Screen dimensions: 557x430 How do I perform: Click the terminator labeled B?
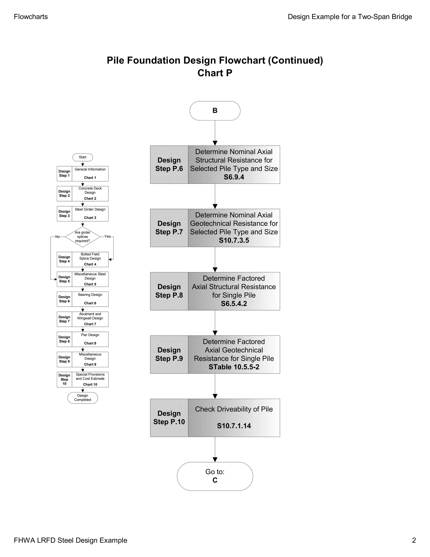click(215, 111)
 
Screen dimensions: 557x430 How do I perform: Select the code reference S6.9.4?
click(234, 177)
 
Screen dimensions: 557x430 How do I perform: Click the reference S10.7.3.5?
click(234, 240)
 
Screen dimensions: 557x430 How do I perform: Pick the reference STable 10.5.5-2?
click(234, 367)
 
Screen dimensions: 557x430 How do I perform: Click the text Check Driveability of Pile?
click(234, 409)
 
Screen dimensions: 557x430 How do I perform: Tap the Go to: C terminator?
click(215, 476)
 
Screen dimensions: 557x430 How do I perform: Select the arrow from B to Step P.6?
click(215, 133)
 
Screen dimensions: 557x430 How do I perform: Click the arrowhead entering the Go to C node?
click(215, 459)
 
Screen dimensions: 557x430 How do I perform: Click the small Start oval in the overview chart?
click(83, 157)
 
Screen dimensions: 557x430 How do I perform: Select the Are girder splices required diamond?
click(83, 237)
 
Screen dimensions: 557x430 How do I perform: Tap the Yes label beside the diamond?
click(107, 236)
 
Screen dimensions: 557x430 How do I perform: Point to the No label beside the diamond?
click(58, 237)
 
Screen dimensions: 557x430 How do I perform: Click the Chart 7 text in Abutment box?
click(90, 324)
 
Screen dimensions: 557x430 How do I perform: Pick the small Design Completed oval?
click(83, 398)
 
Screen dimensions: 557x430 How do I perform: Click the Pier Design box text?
click(90, 335)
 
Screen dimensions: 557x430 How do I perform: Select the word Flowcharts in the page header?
click(31, 17)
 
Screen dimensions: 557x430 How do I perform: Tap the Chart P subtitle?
click(215, 73)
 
